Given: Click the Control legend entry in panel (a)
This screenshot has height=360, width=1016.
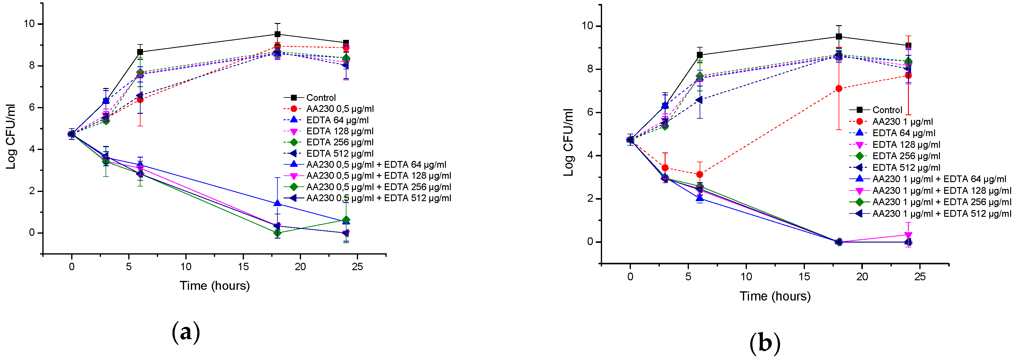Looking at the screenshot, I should point(321,98).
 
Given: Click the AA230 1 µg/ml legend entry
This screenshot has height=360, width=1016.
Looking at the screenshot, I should point(902,121).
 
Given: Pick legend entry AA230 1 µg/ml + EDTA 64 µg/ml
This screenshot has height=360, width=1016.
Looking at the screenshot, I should point(939,179).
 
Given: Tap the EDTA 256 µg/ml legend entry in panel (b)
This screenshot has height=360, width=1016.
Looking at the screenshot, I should point(906,156).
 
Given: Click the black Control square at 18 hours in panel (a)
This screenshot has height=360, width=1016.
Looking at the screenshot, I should point(277,34).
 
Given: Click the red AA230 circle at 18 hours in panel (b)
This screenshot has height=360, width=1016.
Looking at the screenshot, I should point(839,89).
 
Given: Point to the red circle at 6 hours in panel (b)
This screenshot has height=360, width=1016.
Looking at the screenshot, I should point(700,174).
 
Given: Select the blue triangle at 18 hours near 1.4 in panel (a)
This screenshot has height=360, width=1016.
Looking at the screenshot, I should point(277,204).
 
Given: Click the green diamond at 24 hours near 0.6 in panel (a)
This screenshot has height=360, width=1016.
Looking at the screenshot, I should point(346,220).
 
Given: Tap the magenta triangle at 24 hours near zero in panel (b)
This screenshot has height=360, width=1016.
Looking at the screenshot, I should point(908,235).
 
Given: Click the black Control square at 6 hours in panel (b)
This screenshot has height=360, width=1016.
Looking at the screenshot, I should point(700,55).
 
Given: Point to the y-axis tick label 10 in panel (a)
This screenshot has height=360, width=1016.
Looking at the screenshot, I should point(29,24).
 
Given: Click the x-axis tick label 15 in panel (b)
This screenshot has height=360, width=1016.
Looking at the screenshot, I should point(804,277).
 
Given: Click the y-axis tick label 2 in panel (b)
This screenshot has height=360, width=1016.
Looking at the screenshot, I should point(590,198).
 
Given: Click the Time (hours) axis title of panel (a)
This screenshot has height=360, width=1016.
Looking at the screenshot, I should point(214,285).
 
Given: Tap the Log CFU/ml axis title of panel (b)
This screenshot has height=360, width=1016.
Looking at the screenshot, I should point(568,142).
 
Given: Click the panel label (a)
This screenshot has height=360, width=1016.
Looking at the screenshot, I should point(186,332).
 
